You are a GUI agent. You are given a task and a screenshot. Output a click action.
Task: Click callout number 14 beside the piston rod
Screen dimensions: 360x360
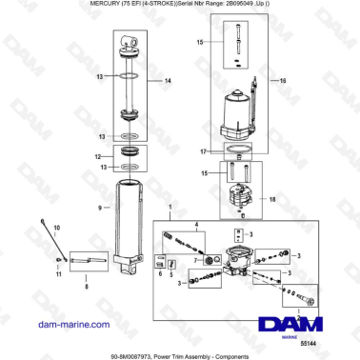coord(168,82)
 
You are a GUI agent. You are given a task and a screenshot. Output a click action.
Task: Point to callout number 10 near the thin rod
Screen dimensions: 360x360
coord(55,229)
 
